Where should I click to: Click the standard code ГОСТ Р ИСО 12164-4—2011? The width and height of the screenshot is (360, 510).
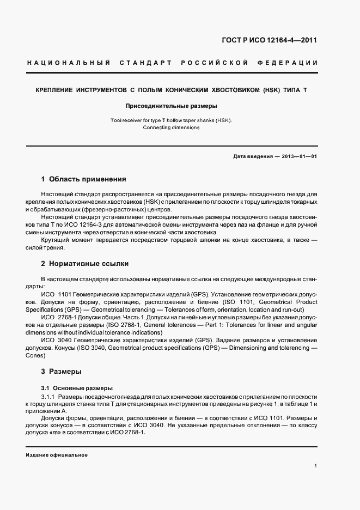[277, 40]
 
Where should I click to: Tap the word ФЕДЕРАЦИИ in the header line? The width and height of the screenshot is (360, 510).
[292, 63]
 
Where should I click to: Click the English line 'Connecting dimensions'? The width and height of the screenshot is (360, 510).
[172, 127]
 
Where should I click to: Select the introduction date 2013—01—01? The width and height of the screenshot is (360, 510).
[300, 156]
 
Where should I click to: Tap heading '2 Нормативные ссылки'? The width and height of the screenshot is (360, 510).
[84, 264]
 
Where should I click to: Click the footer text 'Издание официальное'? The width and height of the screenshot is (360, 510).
[57, 455]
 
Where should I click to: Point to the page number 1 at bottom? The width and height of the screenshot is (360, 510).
[316, 466]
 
